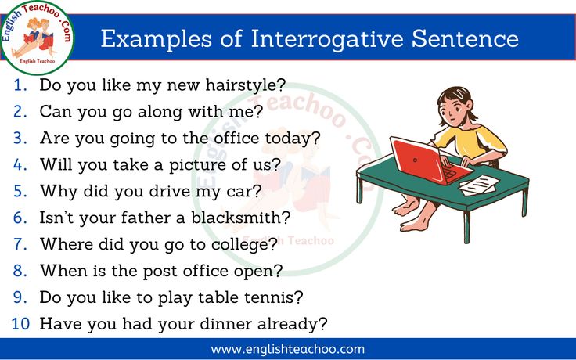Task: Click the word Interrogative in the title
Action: coord(327,39)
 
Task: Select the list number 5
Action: coord(20,191)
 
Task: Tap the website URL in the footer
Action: coord(288,349)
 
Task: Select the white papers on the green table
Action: coord(479,185)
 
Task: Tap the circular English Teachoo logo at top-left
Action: coord(37,38)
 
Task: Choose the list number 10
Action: coord(20,324)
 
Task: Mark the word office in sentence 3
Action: coord(236,138)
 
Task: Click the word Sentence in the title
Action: coord(465,39)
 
